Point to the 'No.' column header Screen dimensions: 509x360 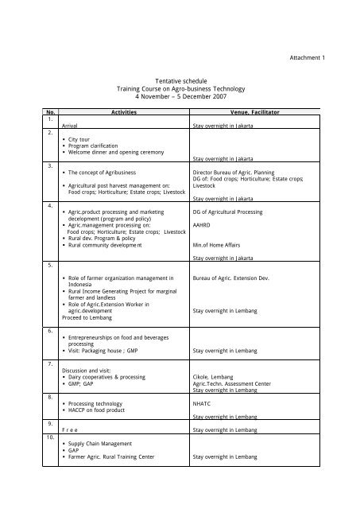(x=51, y=114)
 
